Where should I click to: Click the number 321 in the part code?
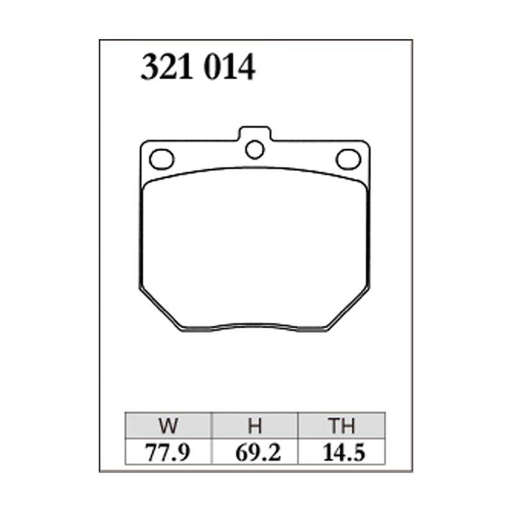(x=168, y=67)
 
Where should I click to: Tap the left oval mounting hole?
(x=161, y=159)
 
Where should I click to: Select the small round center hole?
(x=255, y=150)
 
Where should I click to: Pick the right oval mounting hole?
(x=348, y=159)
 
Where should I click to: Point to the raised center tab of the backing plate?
(x=255, y=132)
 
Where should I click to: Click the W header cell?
(x=168, y=426)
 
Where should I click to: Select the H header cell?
(x=254, y=426)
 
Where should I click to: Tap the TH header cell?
(x=340, y=426)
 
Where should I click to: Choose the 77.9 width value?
(x=168, y=452)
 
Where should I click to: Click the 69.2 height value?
(x=254, y=452)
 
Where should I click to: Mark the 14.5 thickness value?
(x=340, y=452)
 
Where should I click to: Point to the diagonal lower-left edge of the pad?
(x=160, y=308)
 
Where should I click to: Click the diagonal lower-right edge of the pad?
(x=349, y=308)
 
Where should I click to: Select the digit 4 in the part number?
(x=247, y=67)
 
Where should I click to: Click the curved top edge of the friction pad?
(x=255, y=168)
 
